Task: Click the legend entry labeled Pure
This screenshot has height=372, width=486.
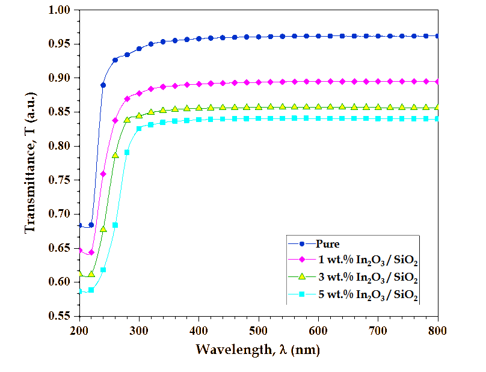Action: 328,244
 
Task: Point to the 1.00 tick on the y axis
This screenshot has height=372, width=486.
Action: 60,10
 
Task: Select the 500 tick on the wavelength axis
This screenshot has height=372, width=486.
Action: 259,330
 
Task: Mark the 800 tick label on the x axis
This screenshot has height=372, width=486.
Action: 437,330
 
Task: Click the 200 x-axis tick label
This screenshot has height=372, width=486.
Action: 79,330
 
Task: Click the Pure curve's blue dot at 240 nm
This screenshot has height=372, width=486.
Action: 103,85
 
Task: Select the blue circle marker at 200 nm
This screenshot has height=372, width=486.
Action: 79,225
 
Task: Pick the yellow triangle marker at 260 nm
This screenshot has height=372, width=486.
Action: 115,156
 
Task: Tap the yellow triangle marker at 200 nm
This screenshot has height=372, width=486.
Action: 79,274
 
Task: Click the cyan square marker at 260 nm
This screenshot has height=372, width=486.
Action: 115,225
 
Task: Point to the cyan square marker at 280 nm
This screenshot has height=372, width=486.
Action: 127,152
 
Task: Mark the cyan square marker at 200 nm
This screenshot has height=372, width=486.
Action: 79,291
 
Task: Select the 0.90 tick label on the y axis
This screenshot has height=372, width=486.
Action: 60,78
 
